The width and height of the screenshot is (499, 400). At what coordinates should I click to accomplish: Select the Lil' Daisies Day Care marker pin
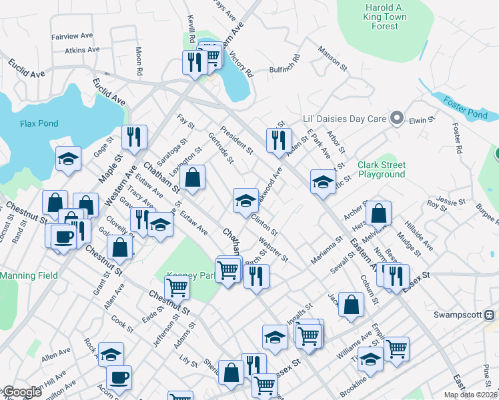(x=397, y=119)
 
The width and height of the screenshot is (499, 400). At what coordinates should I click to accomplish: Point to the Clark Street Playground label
(x=381, y=169)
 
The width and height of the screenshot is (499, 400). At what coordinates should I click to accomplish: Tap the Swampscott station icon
(x=489, y=315)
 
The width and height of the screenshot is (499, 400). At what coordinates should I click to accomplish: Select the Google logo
(x=22, y=392)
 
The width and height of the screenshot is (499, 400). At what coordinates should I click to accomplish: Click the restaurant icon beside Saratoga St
(x=134, y=137)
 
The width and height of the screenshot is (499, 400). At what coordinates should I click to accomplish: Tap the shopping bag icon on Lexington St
(x=192, y=178)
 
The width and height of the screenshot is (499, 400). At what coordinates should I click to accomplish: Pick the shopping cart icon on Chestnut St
(x=177, y=287)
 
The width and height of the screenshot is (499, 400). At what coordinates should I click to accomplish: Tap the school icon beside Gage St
(x=68, y=159)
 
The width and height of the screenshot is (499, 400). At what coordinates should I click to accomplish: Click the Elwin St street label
(x=422, y=120)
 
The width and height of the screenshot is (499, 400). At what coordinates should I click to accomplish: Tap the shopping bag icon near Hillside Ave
(x=378, y=213)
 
